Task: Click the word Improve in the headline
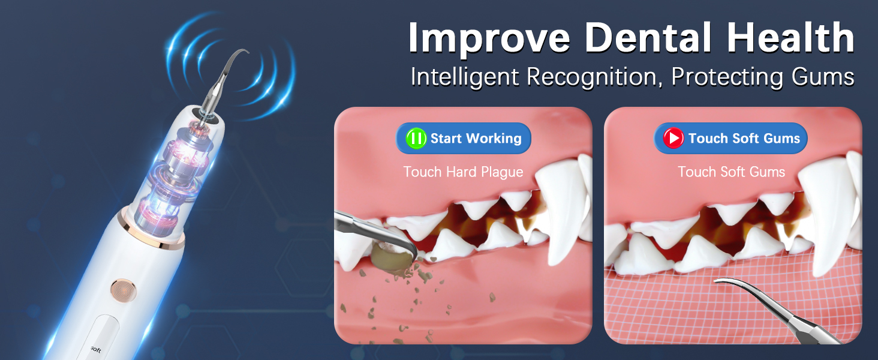tap(488, 38)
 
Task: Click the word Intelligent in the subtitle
tap(464, 77)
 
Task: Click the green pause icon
tap(416, 139)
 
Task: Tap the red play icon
tap(673, 139)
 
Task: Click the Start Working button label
tap(476, 139)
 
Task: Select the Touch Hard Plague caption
tap(463, 172)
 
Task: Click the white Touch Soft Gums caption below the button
tap(731, 172)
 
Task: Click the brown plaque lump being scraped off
tap(387, 257)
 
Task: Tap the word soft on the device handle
tap(95, 349)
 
